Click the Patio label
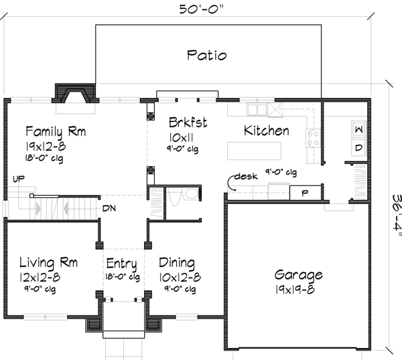click(207, 55)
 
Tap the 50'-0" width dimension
click(201, 9)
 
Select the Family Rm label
click(56, 131)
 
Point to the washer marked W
click(359, 129)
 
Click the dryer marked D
click(359, 147)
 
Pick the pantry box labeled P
click(305, 192)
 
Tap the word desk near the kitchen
click(246, 176)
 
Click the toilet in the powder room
click(176, 196)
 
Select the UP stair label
click(19, 179)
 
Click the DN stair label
click(109, 208)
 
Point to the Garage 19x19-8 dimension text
click(295, 290)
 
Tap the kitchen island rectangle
click(254, 151)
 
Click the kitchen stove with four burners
click(313, 138)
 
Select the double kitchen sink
click(257, 109)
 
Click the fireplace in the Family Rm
click(75, 94)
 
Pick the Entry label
click(121, 263)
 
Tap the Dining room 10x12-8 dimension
click(180, 277)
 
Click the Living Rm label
click(48, 263)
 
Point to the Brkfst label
click(188, 123)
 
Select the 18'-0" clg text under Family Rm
click(44, 158)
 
